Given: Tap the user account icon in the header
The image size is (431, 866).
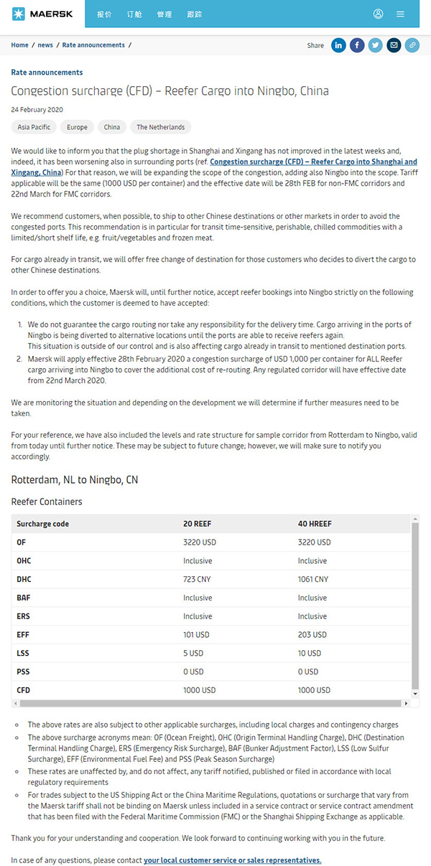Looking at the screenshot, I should [x=379, y=14].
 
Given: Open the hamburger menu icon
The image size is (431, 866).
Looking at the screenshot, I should [x=400, y=14].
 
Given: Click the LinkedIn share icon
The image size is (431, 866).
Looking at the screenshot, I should [x=338, y=45].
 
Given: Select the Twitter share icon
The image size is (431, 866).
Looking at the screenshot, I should [x=375, y=45].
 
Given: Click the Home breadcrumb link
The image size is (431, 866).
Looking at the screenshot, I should [x=19, y=45].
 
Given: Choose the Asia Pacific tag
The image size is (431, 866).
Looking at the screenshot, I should [x=34, y=127].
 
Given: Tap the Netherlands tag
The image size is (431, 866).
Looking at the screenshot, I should [x=160, y=127].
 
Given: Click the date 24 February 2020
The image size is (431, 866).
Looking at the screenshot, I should [x=37, y=110].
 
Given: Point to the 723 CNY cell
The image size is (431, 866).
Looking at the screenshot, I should [x=195, y=579].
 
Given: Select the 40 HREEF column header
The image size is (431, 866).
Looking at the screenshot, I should [x=315, y=524].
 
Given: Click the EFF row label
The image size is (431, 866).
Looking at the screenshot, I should [x=23, y=634].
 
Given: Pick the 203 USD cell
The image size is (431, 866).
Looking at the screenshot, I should [x=312, y=634].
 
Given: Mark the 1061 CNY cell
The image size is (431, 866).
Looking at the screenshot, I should [x=312, y=579].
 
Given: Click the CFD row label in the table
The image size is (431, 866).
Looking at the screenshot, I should [x=23, y=690].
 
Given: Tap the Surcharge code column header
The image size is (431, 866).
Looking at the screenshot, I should [x=42, y=524].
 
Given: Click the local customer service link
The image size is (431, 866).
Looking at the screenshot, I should [x=232, y=860].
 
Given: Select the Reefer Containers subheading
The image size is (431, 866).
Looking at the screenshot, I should [x=47, y=502].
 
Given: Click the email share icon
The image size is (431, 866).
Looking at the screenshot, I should [x=394, y=45].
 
